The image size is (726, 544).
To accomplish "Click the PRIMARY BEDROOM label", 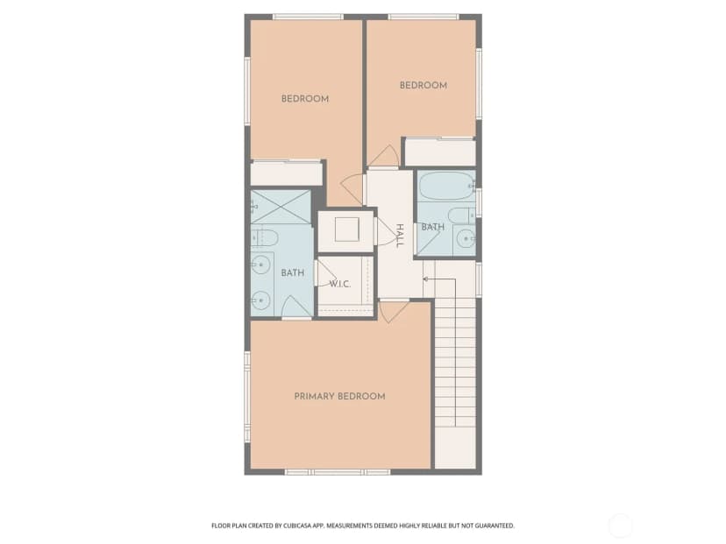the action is [340, 397].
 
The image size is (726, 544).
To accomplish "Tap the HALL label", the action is [400, 236].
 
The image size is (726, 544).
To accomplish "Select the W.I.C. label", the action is [340, 284].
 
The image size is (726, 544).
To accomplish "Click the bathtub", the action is [446, 187].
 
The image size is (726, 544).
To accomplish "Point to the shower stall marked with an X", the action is [281, 207].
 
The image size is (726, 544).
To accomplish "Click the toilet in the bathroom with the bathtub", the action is [461, 215].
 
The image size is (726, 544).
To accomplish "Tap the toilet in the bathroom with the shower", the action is [265, 237].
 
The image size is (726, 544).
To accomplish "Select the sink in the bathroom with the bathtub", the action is [465, 239].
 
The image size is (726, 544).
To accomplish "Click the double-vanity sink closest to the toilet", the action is [260, 265].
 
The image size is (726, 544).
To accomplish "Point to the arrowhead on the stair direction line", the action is [425, 279].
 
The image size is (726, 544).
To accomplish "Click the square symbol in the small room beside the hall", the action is [347, 230].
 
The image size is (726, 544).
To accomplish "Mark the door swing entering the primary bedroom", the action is [393, 312].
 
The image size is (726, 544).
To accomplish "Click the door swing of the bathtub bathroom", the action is [427, 242].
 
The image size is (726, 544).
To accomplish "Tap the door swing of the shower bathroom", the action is [296, 307].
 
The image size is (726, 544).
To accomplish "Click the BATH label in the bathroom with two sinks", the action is [293, 273].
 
